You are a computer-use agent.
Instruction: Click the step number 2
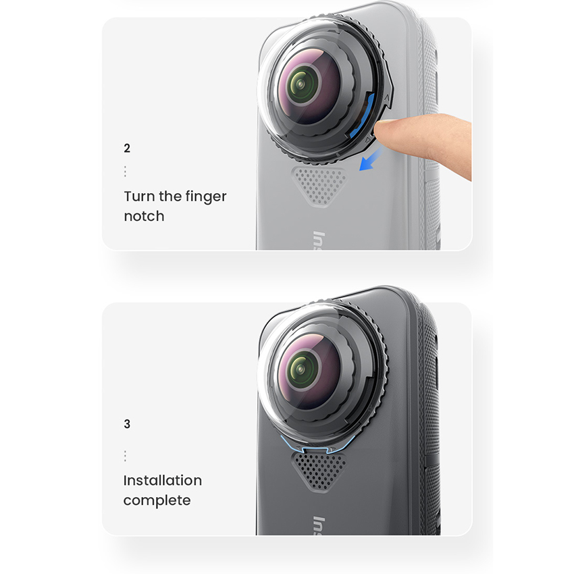(127, 149)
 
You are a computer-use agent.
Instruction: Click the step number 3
(127, 424)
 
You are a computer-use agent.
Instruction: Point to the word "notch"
(144, 216)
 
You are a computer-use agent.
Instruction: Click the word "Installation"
(163, 480)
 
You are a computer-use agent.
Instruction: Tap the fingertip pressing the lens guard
(384, 130)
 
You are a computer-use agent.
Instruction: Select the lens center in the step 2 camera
(301, 84)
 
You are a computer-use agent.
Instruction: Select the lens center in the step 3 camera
(301, 369)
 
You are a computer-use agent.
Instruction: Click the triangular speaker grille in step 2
(319, 186)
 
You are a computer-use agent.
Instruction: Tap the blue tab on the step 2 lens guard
(363, 115)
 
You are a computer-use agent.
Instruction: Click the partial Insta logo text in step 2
(319, 240)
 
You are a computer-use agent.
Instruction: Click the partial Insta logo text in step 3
(319, 526)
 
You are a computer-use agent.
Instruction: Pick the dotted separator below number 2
(125, 172)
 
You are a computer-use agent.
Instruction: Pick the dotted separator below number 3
(125, 456)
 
